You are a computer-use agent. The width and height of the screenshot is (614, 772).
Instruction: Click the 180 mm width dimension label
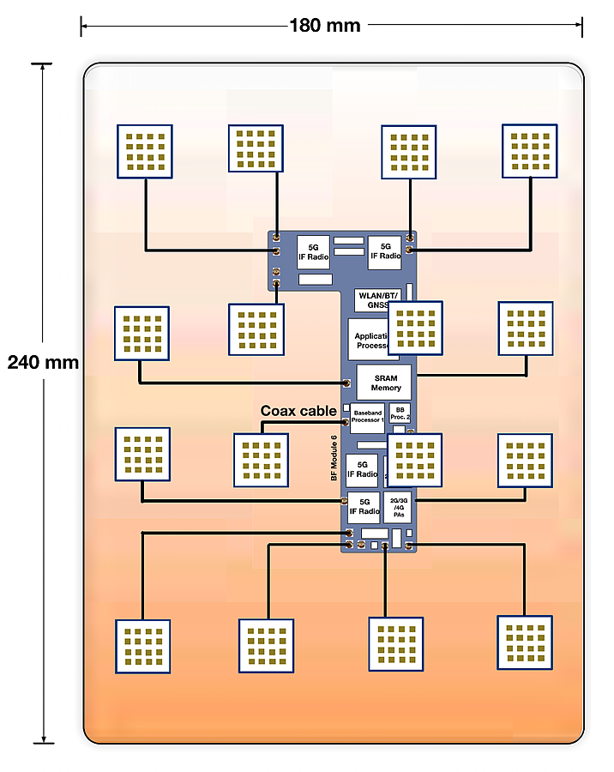click(324, 25)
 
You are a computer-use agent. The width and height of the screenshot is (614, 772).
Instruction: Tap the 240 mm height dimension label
click(43, 362)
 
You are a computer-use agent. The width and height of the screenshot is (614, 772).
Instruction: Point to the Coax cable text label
click(298, 411)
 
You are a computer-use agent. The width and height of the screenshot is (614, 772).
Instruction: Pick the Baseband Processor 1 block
click(367, 418)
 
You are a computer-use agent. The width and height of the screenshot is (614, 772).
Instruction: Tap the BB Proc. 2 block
click(400, 413)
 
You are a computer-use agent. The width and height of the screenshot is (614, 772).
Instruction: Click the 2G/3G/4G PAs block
click(398, 508)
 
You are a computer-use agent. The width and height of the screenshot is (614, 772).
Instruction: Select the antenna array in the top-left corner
click(145, 152)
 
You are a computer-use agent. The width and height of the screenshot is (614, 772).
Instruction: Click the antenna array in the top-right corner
click(529, 151)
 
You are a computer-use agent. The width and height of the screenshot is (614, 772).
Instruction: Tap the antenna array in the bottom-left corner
click(142, 646)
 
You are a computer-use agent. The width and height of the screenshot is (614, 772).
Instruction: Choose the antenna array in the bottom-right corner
click(525, 642)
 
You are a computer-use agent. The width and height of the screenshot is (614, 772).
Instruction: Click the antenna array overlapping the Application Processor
click(415, 328)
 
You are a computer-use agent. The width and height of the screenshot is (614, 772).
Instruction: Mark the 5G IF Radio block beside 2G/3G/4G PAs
click(364, 507)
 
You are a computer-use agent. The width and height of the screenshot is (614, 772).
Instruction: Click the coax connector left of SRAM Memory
click(347, 383)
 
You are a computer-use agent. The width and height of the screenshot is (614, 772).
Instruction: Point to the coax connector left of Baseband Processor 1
click(347, 421)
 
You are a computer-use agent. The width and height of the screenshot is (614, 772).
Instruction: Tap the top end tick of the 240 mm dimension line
click(42, 63)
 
